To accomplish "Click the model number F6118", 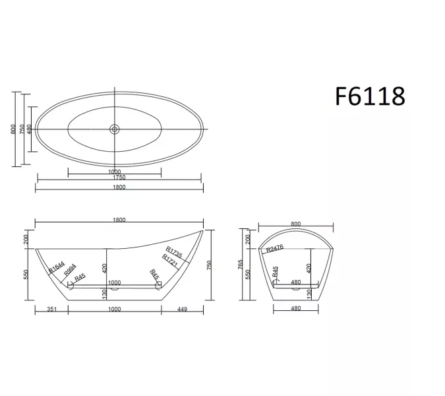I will [370, 96].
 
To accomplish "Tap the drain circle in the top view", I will [115, 129].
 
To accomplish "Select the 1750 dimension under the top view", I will [119, 178].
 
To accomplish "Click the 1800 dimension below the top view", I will [119, 187].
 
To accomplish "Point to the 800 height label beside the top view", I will [13, 129].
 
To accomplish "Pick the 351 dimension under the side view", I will [50, 310].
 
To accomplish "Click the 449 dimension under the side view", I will [182, 310].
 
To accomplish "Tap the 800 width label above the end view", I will [295, 223].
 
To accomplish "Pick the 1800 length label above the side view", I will [119, 220].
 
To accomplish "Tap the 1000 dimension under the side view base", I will [114, 310].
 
